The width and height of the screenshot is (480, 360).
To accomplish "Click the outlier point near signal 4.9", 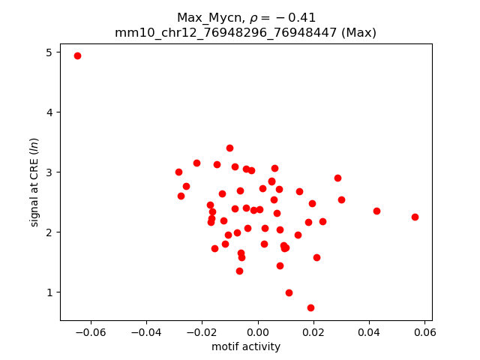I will (x=77, y=56).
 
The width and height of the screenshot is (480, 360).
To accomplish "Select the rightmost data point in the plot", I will (x=415, y=217).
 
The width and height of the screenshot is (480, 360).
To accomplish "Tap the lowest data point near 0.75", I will (x=310, y=307).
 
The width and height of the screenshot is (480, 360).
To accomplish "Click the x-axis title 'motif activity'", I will (x=246, y=346).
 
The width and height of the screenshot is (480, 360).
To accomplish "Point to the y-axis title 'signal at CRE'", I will (x=34, y=182).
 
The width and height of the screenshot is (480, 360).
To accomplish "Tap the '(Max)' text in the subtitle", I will (x=357, y=32).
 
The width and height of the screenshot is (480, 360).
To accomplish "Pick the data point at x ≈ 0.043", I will (x=376, y=211).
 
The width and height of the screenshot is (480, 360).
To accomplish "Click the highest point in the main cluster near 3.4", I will (x=229, y=148).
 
